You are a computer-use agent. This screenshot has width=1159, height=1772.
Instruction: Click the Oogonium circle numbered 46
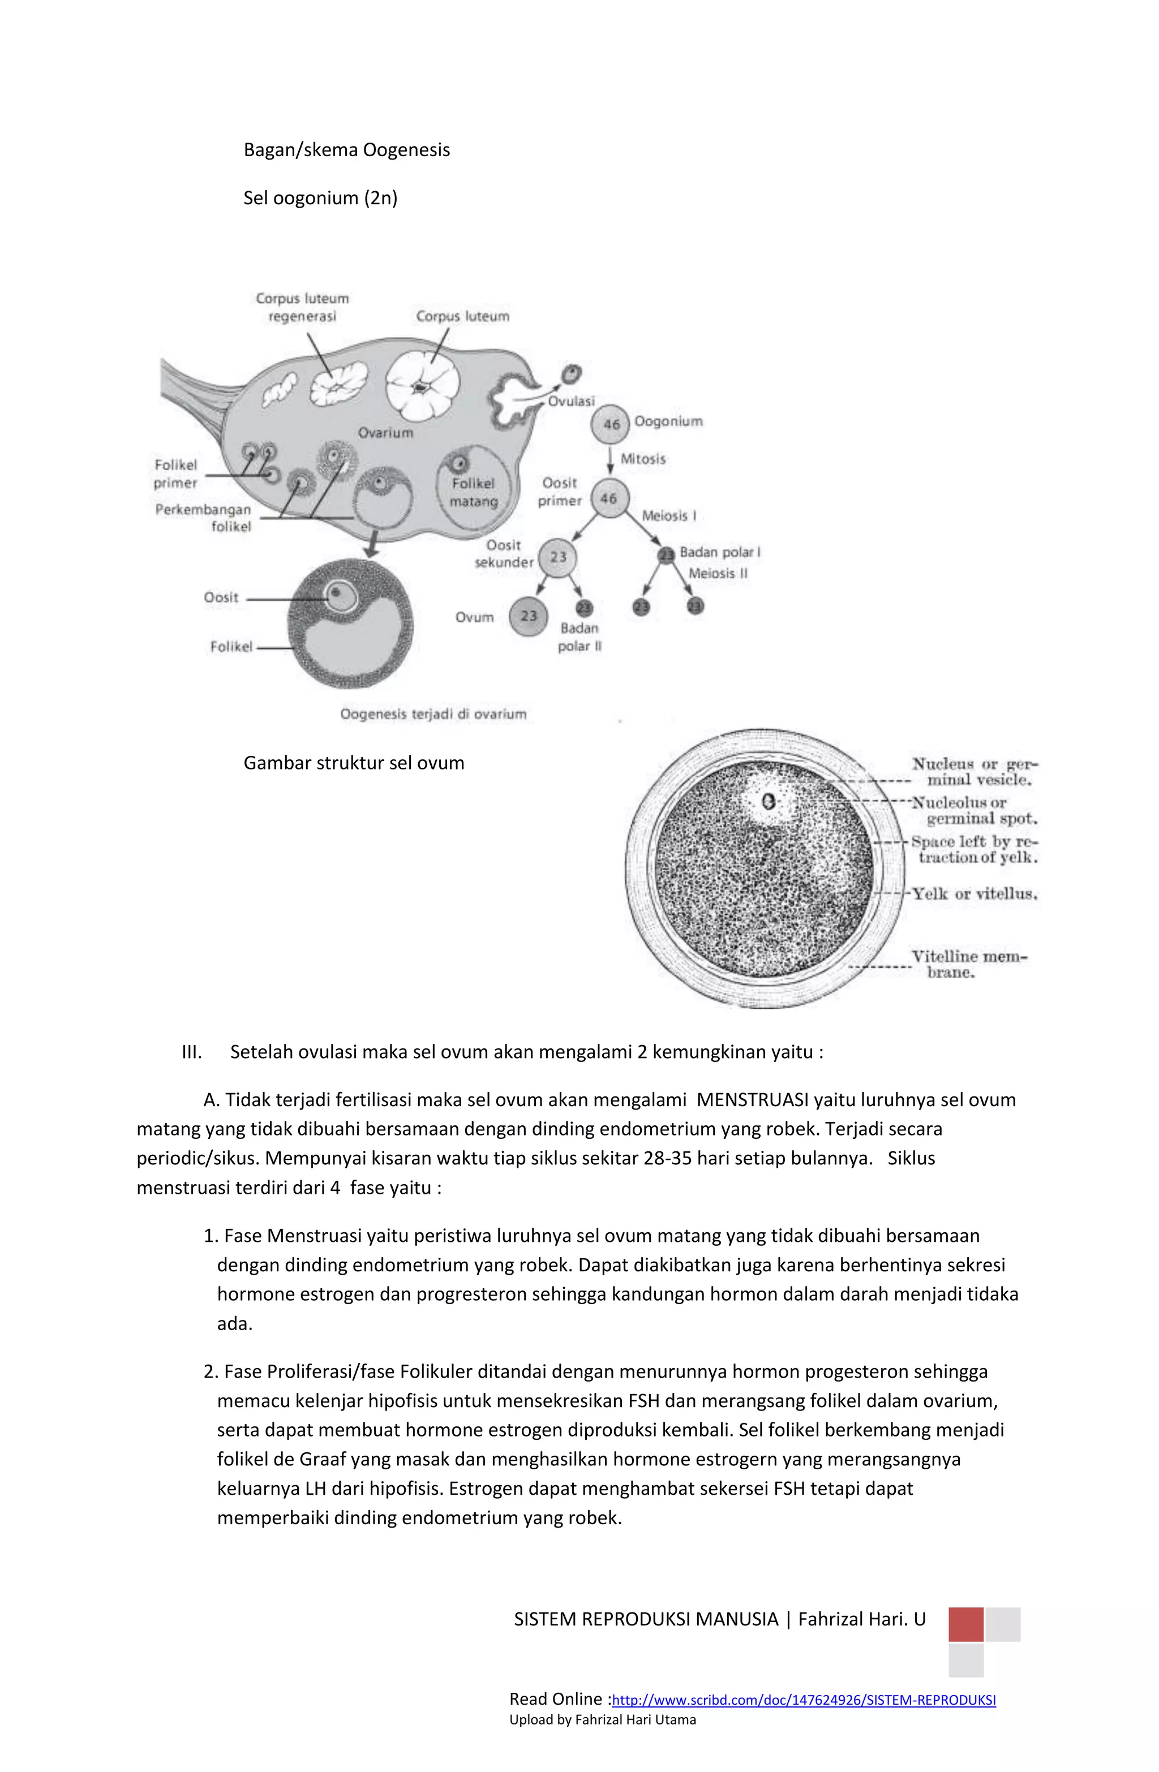pos(610,424)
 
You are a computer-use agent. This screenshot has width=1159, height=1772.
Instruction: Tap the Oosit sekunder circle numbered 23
pos(558,557)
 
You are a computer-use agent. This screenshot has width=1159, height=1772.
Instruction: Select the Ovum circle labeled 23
pos(528,616)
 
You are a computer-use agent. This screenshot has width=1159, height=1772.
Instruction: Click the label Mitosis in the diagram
pos(642,459)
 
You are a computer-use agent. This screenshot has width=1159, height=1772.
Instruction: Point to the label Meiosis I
pos(668,515)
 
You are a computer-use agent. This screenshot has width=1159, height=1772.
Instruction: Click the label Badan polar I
pos(719,552)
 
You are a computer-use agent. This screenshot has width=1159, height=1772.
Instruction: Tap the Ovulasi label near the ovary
pos(572,401)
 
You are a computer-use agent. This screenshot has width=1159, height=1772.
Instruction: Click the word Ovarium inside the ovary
pos(385,433)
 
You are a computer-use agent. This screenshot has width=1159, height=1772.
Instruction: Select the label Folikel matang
pos(473,492)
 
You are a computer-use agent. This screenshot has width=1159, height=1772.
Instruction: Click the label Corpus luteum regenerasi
pos(302,307)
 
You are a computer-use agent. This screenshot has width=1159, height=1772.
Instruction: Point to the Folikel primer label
pos(176,474)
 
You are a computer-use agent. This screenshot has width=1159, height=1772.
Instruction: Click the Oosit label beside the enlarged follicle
pos(221,597)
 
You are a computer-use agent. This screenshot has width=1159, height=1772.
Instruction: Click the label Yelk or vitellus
pos(975,893)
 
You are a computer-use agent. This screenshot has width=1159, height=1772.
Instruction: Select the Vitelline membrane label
pos(968,964)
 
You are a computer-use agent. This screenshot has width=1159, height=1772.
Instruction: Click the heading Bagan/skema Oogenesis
pos(346,150)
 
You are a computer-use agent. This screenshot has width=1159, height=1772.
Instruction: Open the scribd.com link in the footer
pos(803,1700)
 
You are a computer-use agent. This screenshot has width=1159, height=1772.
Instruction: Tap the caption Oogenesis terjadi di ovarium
pos(433,714)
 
